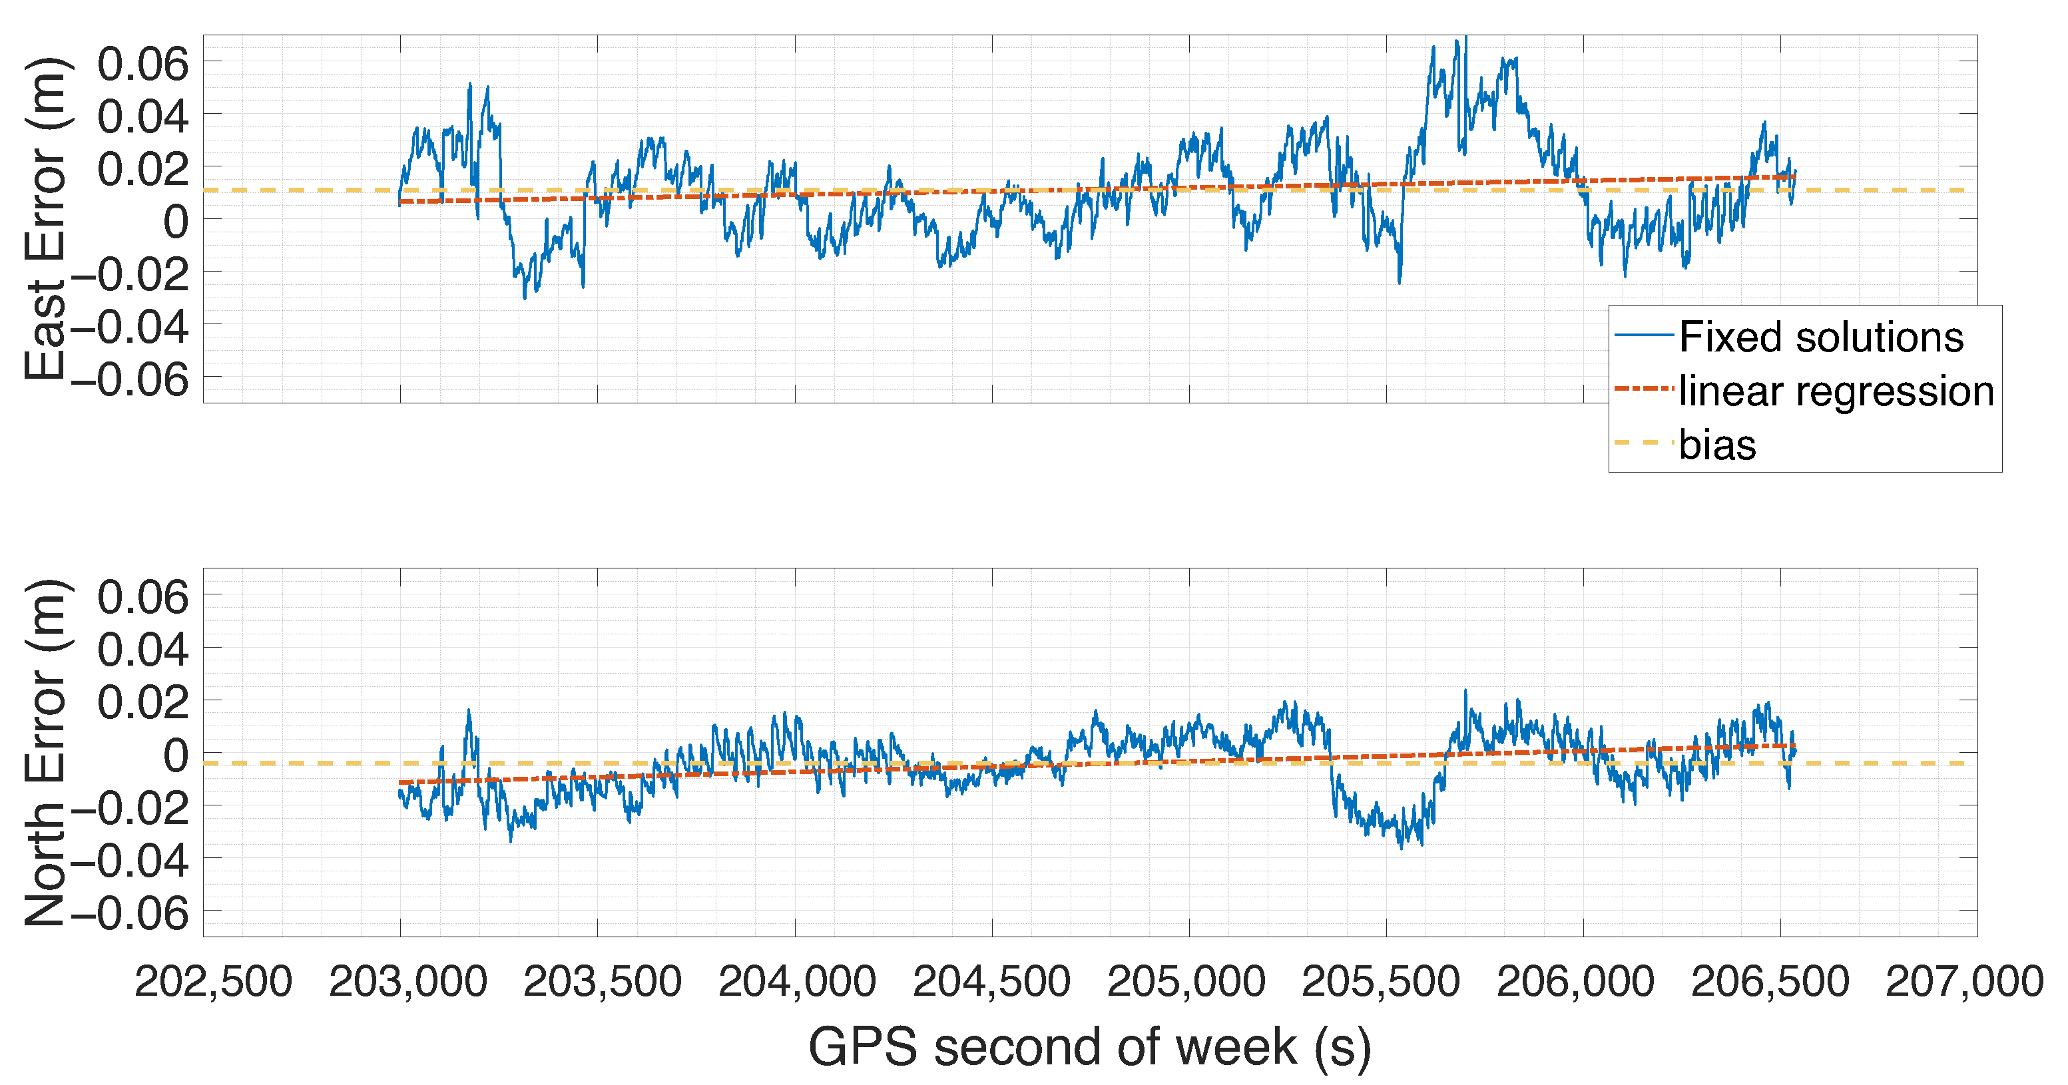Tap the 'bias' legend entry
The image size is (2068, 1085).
pos(1717,445)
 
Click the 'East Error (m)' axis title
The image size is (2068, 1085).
pos(46,218)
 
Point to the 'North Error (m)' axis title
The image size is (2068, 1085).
pos(46,752)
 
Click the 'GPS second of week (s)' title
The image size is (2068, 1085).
pos(1089,1047)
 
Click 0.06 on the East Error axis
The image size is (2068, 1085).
pos(143,63)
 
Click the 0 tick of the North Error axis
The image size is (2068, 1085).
pos(176,755)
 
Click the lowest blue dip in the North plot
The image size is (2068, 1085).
pos(1402,847)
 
